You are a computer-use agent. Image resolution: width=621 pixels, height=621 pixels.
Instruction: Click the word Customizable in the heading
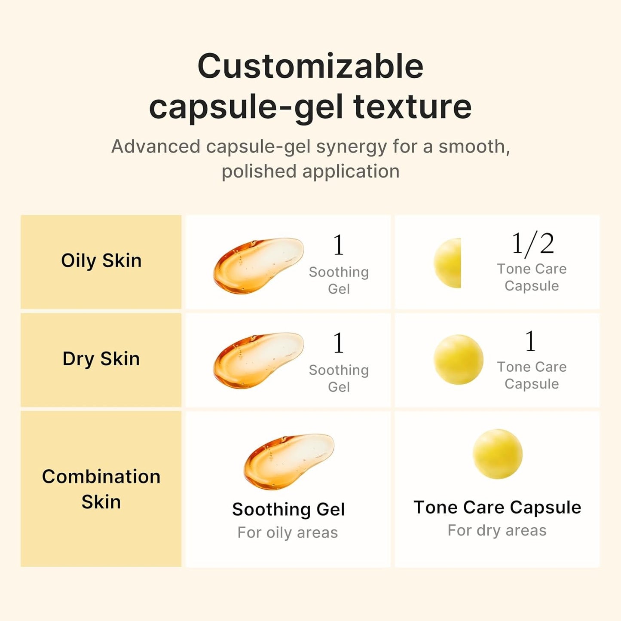click(x=310, y=67)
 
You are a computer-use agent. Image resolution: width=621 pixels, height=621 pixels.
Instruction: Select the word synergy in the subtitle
click(x=352, y=147)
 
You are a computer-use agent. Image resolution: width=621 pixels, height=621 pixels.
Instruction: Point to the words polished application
click(x=310, y=171)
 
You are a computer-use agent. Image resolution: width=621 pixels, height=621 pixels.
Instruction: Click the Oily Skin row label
click(x=101, y=261)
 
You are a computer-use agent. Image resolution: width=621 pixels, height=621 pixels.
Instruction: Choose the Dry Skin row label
click(x=101, y=359)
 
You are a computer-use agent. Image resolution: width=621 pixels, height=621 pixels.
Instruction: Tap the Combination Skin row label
click(x=101, y=489)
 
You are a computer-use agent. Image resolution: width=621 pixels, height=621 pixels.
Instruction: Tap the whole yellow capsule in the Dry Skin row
click(x=458, y=360)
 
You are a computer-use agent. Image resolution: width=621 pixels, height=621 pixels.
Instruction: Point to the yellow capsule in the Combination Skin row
click(x=497, y=454)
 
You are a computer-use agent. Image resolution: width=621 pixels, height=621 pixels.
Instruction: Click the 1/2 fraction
click(x=532, y=244)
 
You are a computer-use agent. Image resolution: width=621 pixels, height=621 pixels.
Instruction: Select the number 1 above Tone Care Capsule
click(x=531, y=341)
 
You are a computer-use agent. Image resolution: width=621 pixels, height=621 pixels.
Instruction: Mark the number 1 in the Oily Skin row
click(x=339, y=245)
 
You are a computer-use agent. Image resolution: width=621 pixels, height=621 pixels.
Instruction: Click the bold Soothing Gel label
click(x=288, y=510)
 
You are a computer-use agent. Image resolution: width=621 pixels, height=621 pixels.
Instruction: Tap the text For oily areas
click(x=288, y=533)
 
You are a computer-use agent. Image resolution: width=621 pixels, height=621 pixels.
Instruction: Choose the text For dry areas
click(x=497, y=531)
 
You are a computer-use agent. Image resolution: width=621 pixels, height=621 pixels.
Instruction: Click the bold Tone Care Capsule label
click(x=497, y=508)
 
